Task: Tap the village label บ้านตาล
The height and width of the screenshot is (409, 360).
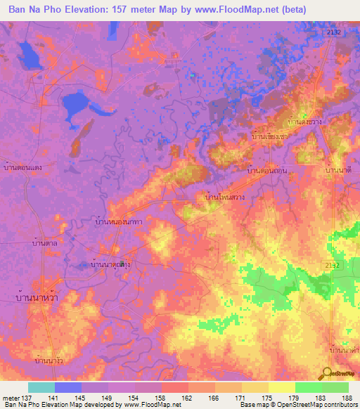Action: (x=45, y=242)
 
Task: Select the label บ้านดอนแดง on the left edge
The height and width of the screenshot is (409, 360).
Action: (x=22, y=167)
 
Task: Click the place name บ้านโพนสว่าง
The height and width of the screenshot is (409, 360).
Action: (x=224, y=199)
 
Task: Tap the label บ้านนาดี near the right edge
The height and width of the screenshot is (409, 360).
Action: (x=338, y=171)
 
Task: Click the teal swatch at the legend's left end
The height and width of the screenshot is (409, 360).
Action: (x=41, y=387)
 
